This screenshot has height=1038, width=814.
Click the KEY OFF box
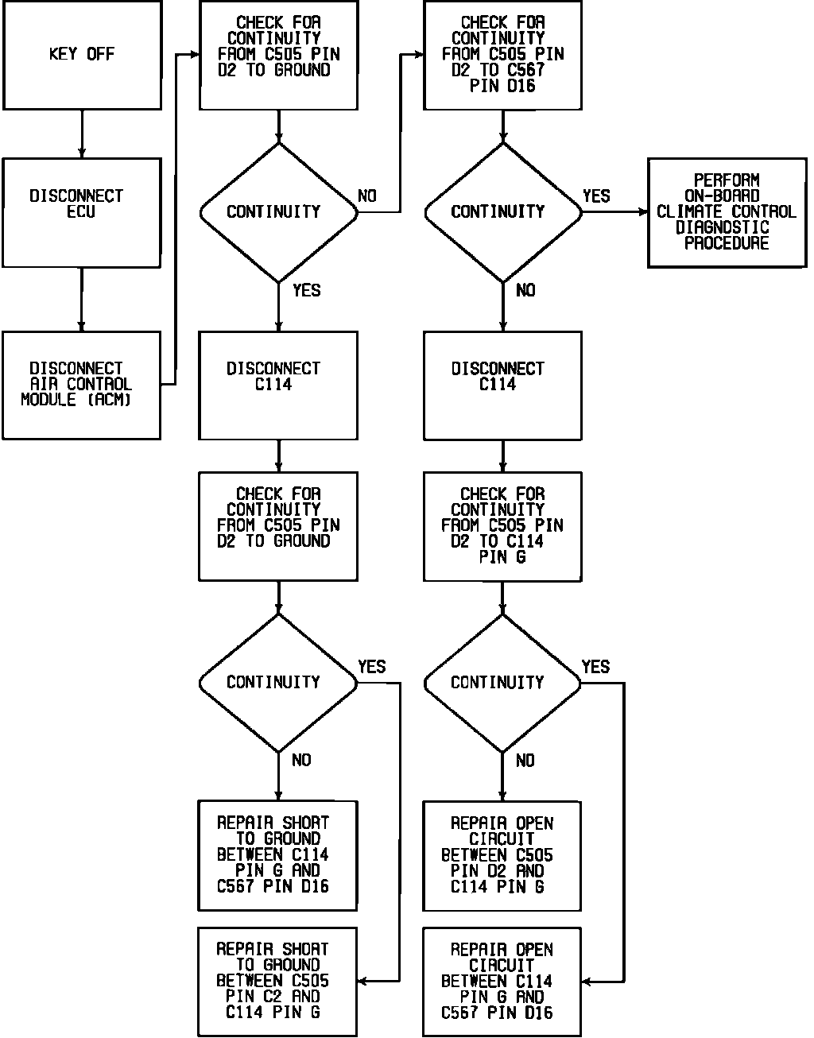[82, 55]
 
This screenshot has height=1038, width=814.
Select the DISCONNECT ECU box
[82, 213]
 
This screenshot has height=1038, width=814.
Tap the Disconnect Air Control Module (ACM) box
[82, 385]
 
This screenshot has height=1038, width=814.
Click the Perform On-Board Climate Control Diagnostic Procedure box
[727, 212]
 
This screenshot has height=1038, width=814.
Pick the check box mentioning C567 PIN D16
[502, 55]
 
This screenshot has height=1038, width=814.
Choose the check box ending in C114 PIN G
[502, 526]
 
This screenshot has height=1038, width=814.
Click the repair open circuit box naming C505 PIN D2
[502, 856]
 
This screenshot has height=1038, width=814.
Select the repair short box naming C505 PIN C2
[277, 982]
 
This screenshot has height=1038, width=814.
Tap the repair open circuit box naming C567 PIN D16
[502, 982]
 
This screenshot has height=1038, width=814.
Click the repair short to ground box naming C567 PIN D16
[277, 856]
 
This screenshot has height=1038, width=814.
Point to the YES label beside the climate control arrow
[596, 196]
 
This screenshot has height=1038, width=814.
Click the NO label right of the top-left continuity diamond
[367, 196]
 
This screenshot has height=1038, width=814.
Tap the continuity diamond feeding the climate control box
[502, 212]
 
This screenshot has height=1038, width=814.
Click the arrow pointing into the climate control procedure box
[616, 212]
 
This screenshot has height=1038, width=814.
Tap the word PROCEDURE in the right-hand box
[727, 243]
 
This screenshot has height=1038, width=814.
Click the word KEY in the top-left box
[63, 55]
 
